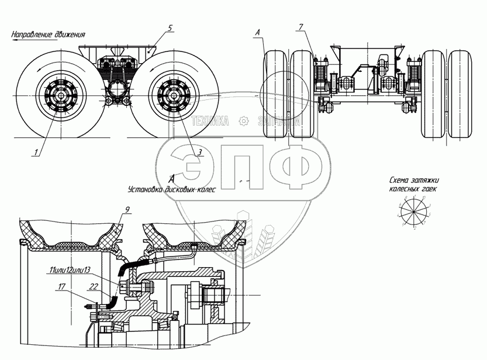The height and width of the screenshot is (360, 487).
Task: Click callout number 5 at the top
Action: [170, 28]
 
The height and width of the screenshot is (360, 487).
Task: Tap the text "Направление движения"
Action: [49, 34]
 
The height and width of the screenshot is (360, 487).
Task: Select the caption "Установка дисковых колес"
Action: [171, 190]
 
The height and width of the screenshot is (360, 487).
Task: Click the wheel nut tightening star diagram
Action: [414, 211]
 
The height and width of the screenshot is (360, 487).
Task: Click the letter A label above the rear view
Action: [258, 34]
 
